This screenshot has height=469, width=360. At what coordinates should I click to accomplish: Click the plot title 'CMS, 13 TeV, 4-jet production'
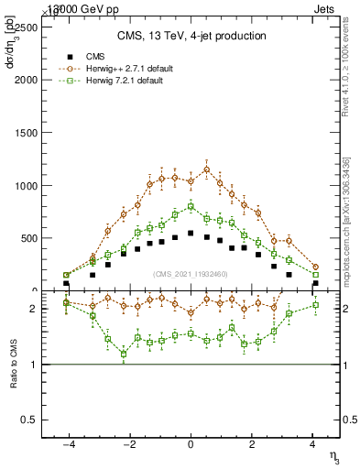191,36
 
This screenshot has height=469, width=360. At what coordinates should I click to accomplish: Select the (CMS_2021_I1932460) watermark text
191,273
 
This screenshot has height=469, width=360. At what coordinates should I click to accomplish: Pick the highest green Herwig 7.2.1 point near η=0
191,206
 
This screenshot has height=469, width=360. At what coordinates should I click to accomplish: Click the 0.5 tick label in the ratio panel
34,420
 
